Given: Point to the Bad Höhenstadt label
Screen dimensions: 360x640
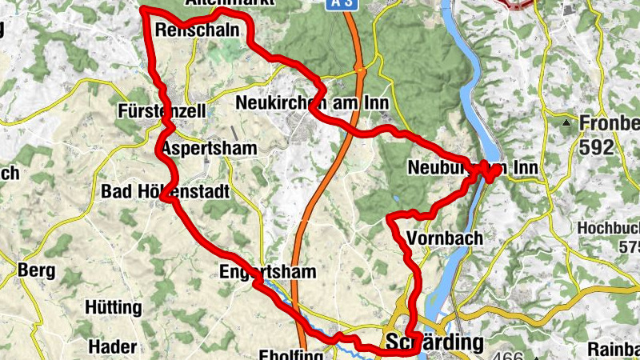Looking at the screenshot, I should [x=166, y=192].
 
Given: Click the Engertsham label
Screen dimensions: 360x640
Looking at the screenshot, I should [x=267, y=272].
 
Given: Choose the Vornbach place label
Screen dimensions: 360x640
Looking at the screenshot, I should [x=445, y=238].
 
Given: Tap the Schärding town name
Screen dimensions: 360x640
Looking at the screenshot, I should [x=434, y=342].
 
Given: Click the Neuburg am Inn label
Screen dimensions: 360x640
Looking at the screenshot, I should [x=472, y=168].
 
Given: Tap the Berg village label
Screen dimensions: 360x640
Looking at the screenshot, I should [x=36, y=270].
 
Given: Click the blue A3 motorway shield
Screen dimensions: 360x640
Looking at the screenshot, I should [x=340, y=3].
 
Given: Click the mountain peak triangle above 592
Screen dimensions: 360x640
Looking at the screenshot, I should [x=566, y=123].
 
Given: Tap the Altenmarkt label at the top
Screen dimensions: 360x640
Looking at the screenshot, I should [x=229, y=2].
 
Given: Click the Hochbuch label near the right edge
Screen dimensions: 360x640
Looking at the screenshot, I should [x=608, y=228].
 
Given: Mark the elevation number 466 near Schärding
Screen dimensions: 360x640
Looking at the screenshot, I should [x=510, y=355].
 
